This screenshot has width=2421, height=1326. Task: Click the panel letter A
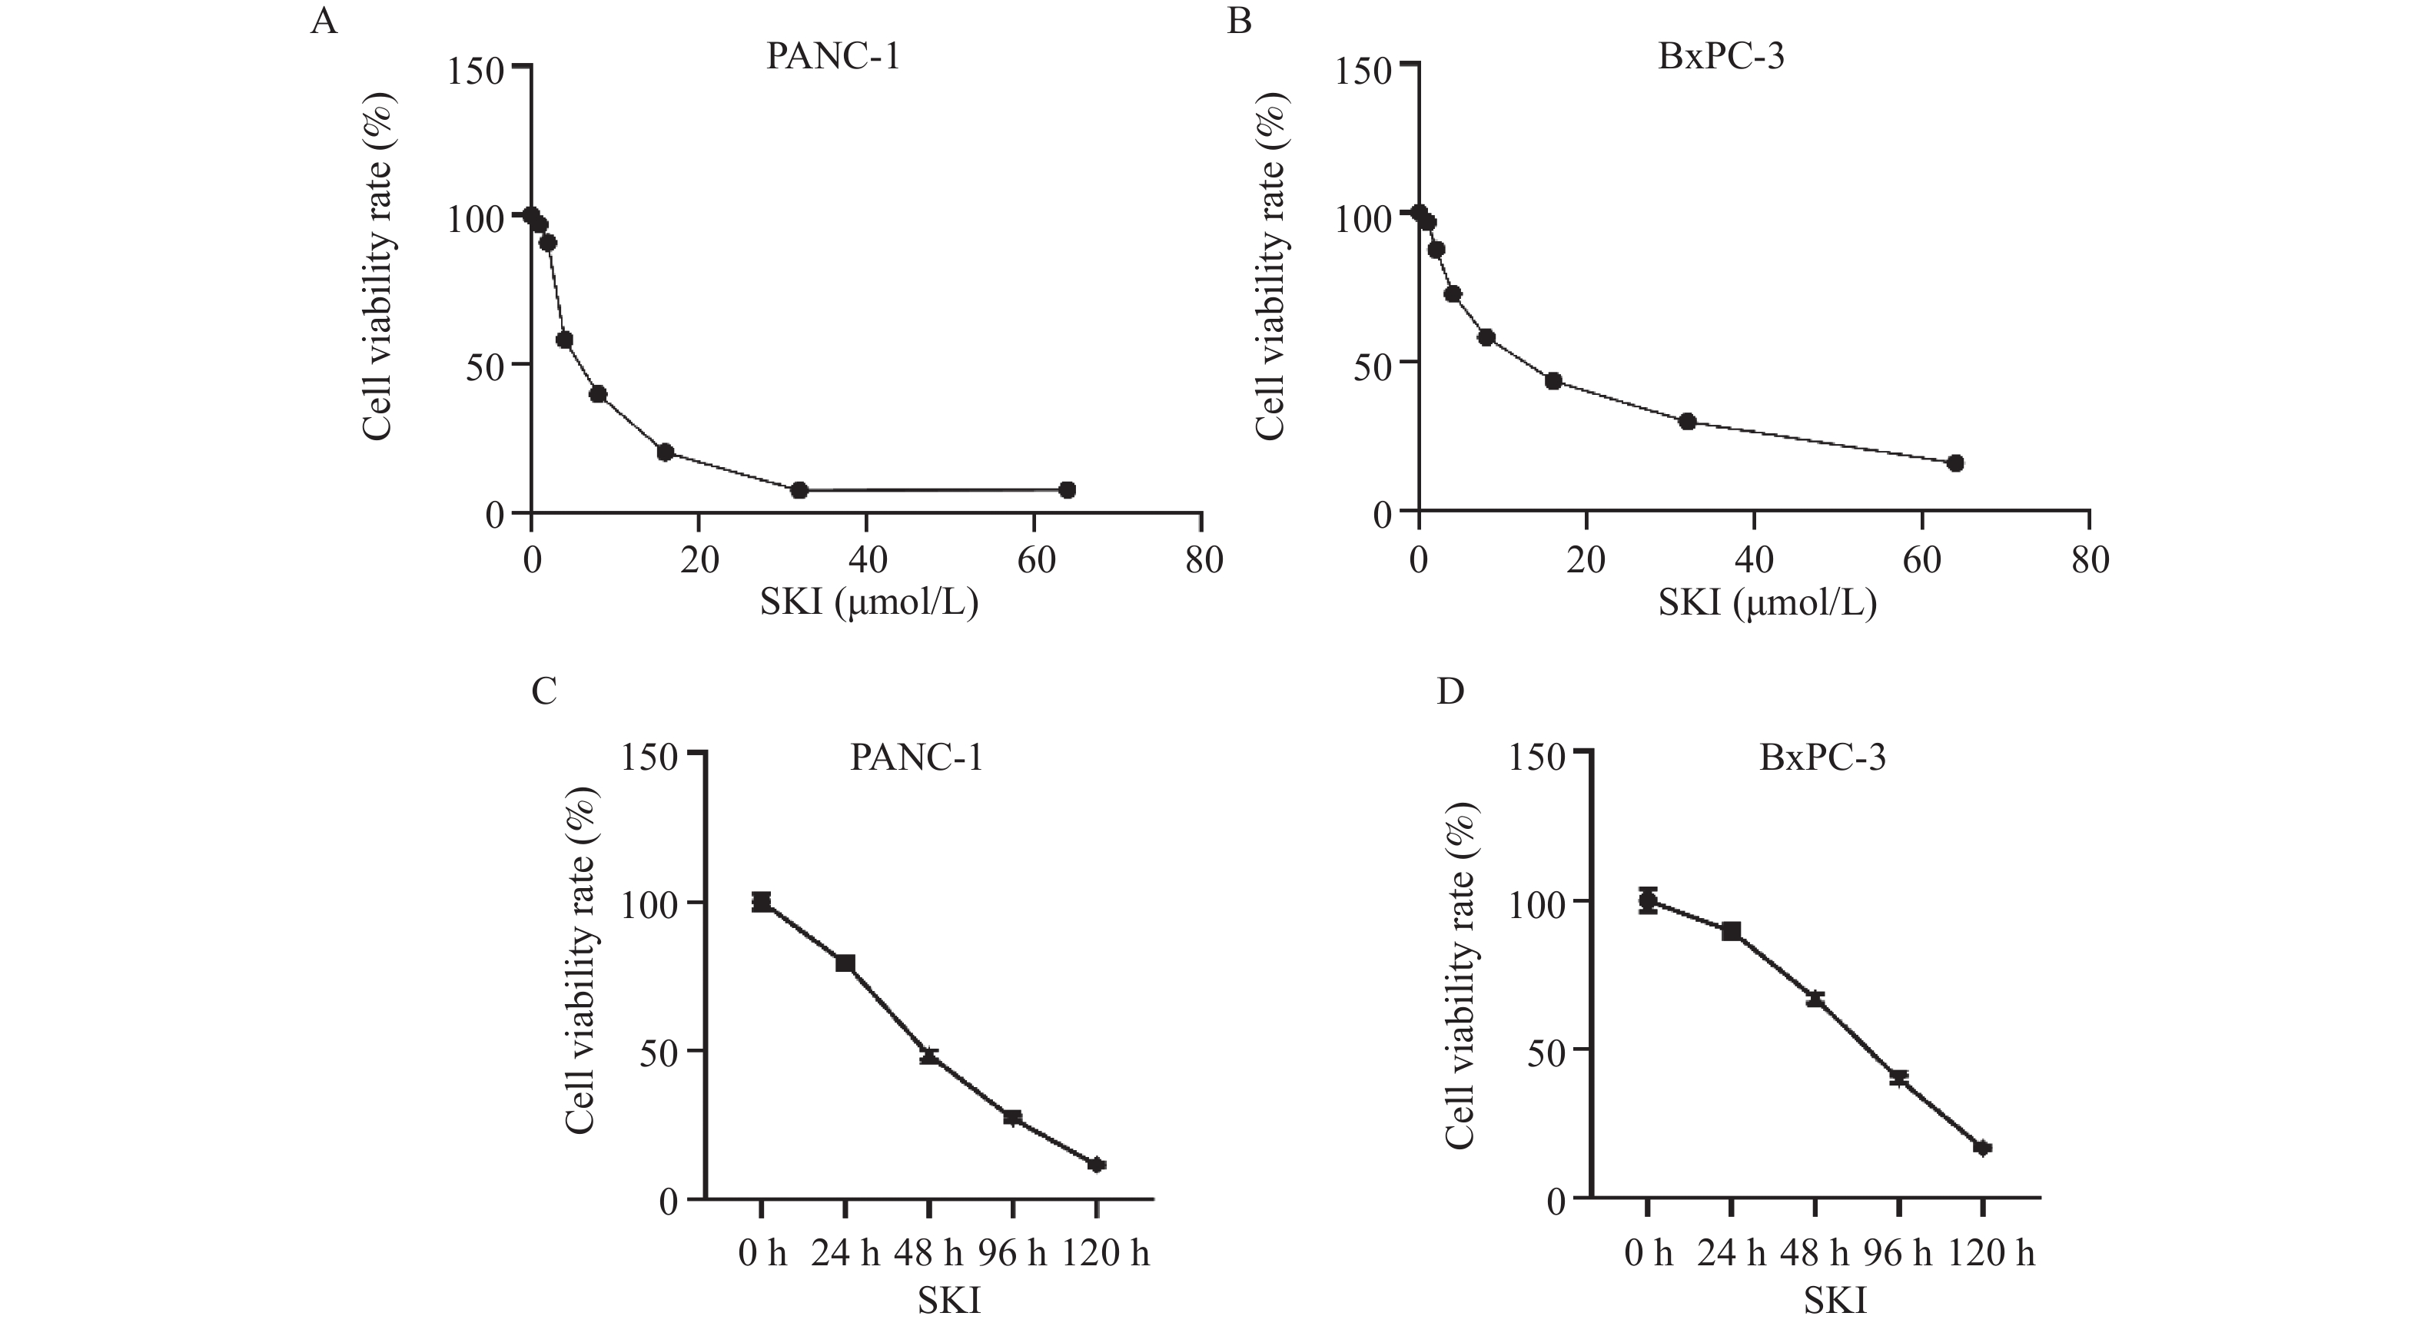324,21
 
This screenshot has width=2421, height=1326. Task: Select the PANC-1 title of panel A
832,56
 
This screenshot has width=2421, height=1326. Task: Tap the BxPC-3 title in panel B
1721,56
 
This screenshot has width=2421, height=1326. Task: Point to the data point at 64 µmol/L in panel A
1067,489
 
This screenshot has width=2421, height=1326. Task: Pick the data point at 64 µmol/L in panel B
1956,463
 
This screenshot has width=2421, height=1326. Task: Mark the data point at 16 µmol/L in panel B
1553,380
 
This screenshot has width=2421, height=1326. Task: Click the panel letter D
1451,691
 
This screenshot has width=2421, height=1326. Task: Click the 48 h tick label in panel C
928,1254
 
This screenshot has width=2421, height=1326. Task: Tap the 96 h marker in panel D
1899,1078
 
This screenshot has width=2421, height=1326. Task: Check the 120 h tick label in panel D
1990,1254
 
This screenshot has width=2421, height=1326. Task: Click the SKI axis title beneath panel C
949,1301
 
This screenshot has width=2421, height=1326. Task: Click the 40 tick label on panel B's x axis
1754,561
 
